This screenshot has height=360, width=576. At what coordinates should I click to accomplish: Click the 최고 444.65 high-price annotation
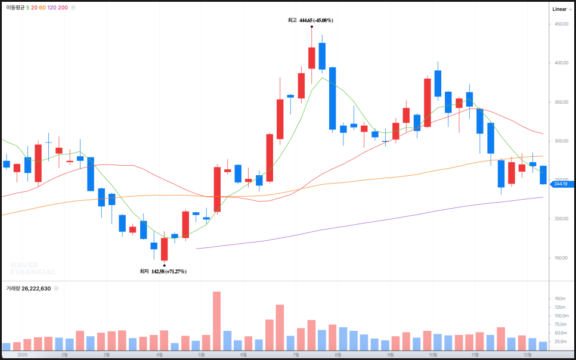[310, 20]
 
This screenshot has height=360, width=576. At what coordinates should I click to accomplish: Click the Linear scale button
[559, 9]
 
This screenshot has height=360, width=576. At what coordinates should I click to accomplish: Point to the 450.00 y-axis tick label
[560, 24]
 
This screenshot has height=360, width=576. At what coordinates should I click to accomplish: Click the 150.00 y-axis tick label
[560, 258]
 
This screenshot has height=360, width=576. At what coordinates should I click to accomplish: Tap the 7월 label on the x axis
[296, 354]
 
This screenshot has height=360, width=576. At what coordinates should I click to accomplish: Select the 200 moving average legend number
[63, 8]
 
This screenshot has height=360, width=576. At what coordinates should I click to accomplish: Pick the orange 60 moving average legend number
[42, 8]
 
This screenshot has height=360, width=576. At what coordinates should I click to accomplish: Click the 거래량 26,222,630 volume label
[29, 288]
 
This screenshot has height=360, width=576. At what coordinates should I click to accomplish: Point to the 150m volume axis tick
[559, 299]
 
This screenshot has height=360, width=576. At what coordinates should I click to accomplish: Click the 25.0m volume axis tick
[559, 342]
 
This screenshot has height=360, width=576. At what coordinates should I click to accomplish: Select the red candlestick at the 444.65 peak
[311, 58]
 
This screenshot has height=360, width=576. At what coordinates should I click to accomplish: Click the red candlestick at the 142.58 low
[164, 249]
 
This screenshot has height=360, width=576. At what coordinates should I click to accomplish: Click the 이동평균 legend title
[16, 8]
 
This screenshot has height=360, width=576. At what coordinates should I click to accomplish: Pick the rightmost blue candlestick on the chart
[543, 175]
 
